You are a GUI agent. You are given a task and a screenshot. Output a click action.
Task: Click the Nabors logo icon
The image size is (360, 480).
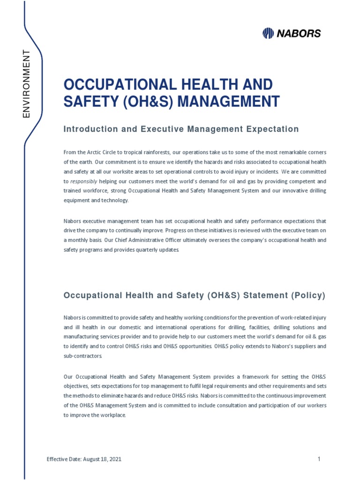(x=268, y=33)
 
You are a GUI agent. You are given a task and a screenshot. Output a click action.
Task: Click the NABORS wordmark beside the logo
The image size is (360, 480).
(x=298, y=33)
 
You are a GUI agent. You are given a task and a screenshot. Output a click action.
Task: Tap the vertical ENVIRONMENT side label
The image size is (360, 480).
(x=26, y=83)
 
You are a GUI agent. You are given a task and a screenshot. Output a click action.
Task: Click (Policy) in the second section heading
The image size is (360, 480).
(x=307, y=296)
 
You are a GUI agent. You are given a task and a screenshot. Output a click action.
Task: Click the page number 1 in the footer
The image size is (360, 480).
(x=319, y=459)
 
